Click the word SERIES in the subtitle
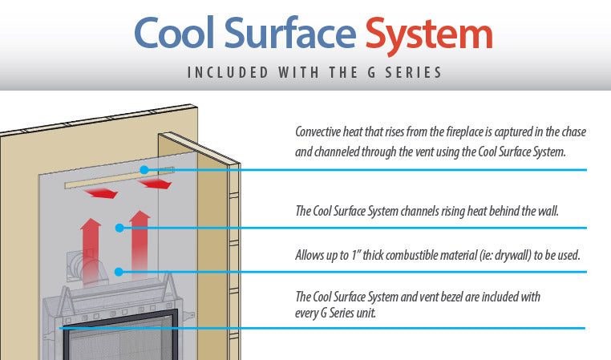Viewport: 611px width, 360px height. tap(415, 73)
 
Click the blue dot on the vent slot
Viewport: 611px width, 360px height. tap(143, 169)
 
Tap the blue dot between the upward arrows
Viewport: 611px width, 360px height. tap(119, 228)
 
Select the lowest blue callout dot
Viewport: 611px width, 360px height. tap(119, 272)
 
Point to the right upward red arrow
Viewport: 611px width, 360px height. tap(140, 245)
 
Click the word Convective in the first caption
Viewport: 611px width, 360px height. tap(321, 131)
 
